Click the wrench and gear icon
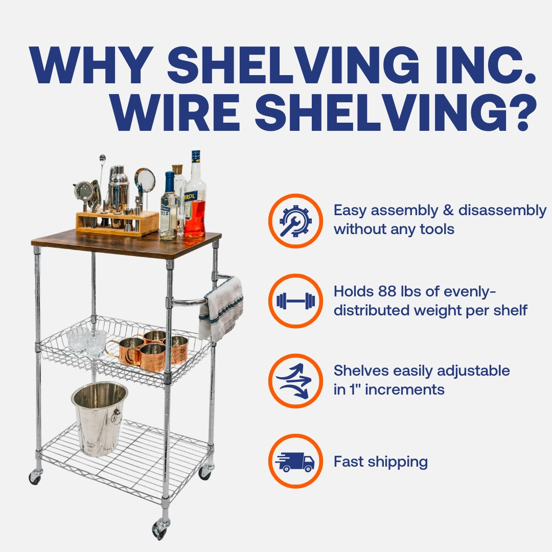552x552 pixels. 295,221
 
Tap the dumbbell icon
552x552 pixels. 295,301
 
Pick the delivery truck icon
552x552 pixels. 295,462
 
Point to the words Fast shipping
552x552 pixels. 381,462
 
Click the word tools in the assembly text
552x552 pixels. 437,229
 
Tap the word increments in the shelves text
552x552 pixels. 404,389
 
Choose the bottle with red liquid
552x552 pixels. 195,197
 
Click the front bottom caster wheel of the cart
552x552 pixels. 159,529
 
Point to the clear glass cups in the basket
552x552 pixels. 87,341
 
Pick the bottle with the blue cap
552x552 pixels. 169,206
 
